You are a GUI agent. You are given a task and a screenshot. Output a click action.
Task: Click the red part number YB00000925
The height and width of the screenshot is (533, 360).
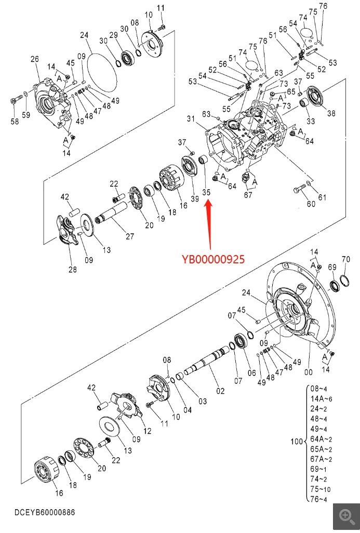point(213,259)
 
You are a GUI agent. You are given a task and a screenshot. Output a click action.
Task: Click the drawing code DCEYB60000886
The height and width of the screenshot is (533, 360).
point(45,512)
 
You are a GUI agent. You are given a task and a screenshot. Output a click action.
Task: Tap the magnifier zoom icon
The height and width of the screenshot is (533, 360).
point(346,516)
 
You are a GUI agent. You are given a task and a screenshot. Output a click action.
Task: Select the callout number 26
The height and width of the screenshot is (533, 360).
point(35,59)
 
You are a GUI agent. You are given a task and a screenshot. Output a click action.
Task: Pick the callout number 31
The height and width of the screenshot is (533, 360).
point(191,118)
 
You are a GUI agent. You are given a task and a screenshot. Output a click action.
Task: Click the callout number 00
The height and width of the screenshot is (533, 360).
point(309,372)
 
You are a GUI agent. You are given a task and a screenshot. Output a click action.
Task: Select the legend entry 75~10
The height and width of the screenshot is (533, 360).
point(321,489)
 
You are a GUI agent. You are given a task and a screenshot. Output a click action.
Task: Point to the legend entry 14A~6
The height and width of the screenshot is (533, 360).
point(321,399)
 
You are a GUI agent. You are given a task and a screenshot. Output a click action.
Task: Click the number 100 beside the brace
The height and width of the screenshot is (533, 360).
point(297,441)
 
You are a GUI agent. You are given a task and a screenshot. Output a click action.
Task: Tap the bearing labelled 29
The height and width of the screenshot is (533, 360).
point(129,59)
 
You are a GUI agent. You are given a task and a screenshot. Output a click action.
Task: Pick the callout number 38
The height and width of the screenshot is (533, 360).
point(331,113)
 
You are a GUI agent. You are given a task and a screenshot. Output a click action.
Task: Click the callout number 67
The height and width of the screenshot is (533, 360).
point(248,194)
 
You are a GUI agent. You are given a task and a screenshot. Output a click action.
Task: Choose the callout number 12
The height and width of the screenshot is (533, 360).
point(147,431)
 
